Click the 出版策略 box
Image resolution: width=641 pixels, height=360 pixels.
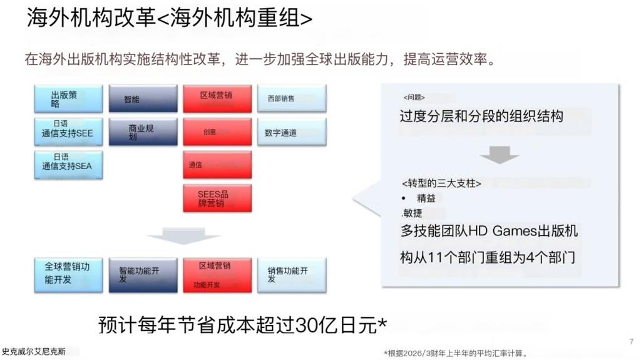[x=68, y=99]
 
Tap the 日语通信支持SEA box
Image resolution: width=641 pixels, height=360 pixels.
[x=68, y=164]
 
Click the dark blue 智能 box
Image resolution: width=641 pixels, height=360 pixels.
[x=143, y=99]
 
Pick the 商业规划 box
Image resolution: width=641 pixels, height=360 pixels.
[x=143, y=131]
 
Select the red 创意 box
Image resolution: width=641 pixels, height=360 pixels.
[x=217, y=131]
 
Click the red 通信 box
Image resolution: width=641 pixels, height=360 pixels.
[x=217, y=165]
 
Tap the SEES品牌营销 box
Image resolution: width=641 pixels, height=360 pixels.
[x=217, y=198]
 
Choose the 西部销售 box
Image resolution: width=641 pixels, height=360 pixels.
[x=291, y=99]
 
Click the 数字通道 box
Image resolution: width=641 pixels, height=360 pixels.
[x=291, y=132]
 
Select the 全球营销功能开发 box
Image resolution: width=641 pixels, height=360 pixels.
[x=68, y=274]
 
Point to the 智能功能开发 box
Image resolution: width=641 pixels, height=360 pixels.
[x=143, y=274]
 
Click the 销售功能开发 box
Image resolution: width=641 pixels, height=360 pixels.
[x=291, y=274]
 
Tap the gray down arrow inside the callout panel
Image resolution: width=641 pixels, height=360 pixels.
[x=499, y=154]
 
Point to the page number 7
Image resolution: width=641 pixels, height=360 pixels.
[x=630, y=341]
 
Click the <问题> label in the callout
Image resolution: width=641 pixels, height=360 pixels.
[x=414, y=98]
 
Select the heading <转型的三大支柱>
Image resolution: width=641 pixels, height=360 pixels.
[x=441, y=183]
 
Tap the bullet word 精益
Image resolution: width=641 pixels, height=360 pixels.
[x=426, y=198]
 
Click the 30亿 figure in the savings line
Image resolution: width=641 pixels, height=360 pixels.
[x=312, y=326]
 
